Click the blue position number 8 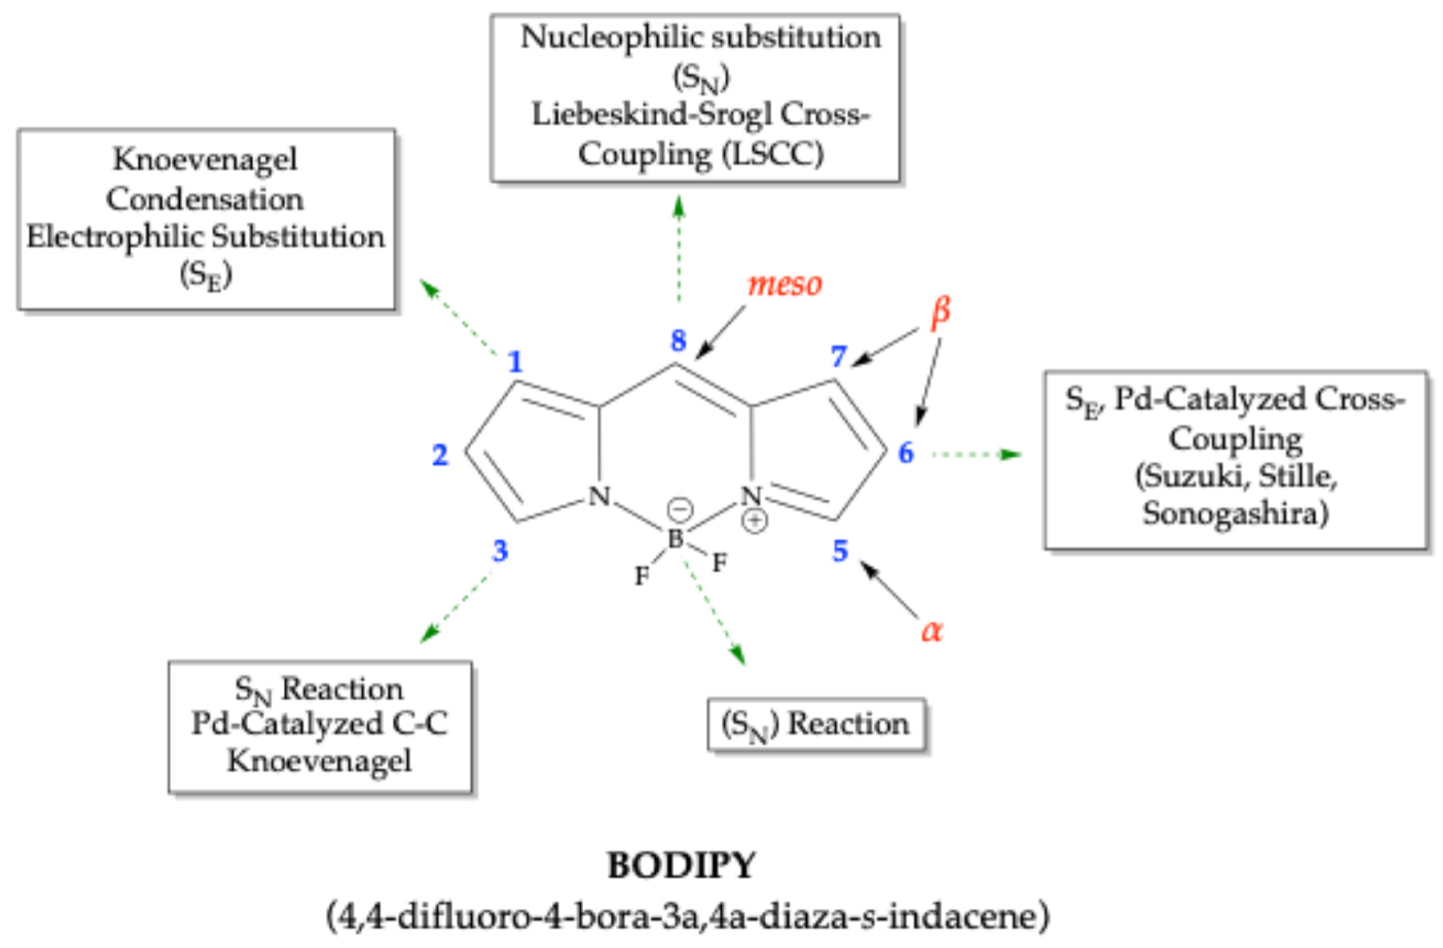click(x=678, y=340)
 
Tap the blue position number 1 click(x=515, y=362)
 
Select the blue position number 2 click(x=440, y=455)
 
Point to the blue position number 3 click(x=499, y=550)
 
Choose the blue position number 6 click(x=906, y=453)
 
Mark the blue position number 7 click(x=838, y=356)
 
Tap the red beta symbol click(x=941, y=312)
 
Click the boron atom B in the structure click(x=675, y=538)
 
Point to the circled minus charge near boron click(x=680, y=509)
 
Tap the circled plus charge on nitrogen click(x=755, y=520)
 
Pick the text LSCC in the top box click(x=773, y=154)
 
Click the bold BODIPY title click(x=682, y=865)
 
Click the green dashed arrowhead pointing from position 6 click(x=1011, y=454)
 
